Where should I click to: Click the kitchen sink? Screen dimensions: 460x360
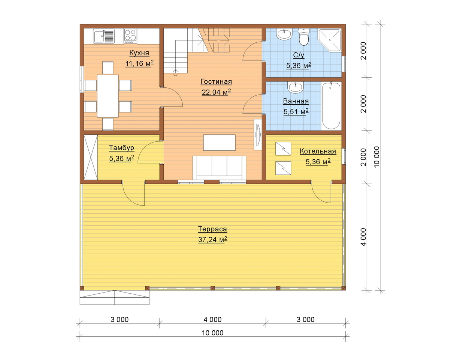104,36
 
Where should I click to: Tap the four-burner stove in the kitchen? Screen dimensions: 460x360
130,36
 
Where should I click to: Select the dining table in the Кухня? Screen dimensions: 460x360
108,96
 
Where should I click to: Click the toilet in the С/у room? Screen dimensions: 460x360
304,37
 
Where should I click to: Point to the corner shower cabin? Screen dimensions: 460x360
330,40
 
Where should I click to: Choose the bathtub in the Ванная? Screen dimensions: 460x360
331,106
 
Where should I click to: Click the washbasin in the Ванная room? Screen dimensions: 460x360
295,87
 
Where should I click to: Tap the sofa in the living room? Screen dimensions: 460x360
219,168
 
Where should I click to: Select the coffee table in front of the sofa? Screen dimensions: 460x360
219,142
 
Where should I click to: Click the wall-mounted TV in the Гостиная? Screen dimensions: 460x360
258,134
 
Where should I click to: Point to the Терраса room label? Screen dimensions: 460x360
212,229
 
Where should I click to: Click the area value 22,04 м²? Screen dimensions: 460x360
216,92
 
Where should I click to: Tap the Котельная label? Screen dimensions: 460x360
318,151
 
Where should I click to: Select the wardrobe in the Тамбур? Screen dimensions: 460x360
91,157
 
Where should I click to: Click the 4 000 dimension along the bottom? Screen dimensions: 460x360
212,319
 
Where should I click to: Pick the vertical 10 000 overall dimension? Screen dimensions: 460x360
376,157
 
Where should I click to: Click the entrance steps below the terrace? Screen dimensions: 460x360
115,297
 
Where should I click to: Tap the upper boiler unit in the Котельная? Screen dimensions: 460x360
283,148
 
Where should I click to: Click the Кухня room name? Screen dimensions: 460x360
139,53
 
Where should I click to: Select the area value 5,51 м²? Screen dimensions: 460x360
296,111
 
